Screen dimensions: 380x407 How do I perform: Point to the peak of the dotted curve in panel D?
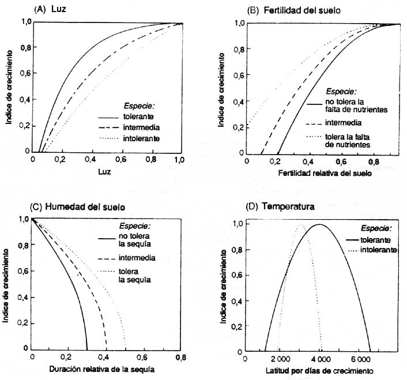300,226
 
